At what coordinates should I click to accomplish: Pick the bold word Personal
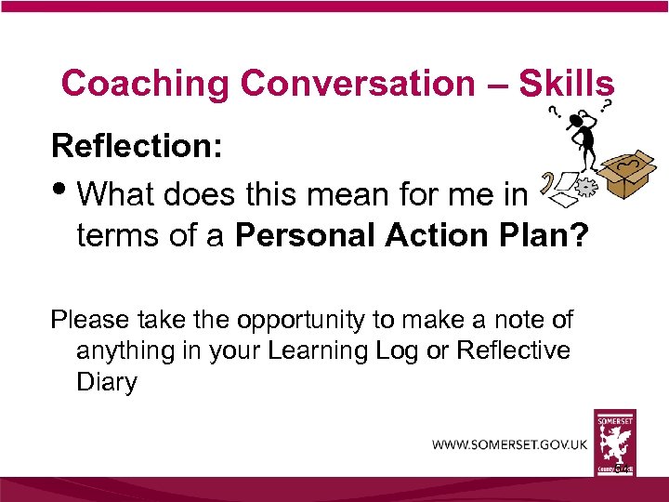pyautogui.click(x=299, y=236)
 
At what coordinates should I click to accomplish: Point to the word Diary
pyautogui.click(x=106, y=382)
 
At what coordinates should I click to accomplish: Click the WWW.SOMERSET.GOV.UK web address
pyautogui.click(x=509, y=444)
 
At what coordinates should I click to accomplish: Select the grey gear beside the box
pyautogui.click(x=584, y=187)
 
